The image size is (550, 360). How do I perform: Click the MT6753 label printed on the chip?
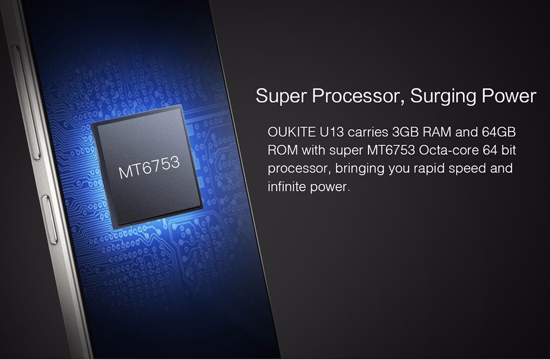(x=149, y=167)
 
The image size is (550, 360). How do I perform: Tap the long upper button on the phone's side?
(x=26, y=102)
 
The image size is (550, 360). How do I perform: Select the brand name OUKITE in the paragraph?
(x=291, y=132)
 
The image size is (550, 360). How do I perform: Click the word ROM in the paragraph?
(x=282, y=151)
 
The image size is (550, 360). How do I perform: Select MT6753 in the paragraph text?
(x=391, y=151)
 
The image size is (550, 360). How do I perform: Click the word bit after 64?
(x=509, y=151)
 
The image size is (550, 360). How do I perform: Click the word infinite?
(x=287, y=186)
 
